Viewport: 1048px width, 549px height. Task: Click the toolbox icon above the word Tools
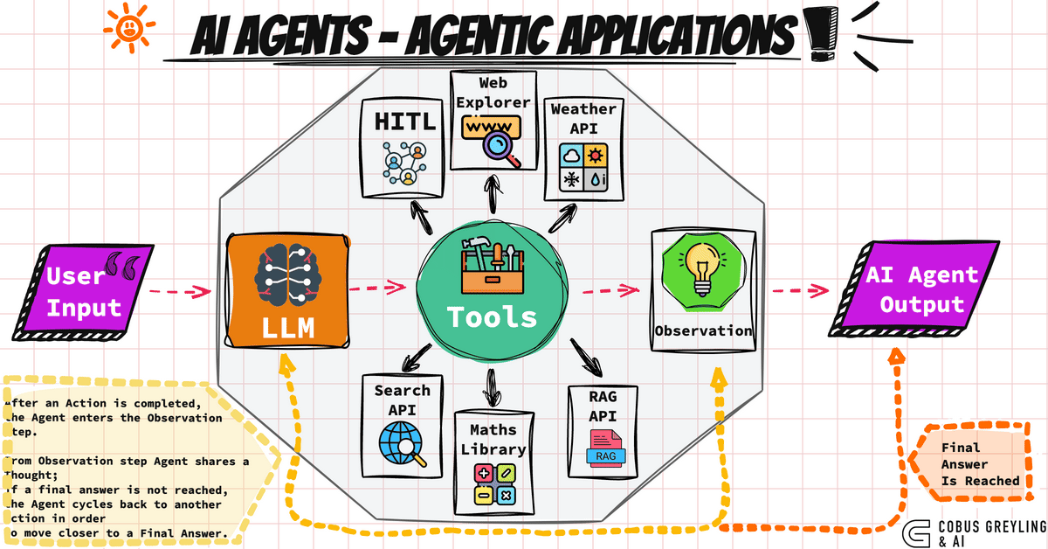(x=492, y=265)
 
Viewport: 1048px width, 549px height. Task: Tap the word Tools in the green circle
(x=492, y=316)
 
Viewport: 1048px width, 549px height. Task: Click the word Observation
(x=704, y=330)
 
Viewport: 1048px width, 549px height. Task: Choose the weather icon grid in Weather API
(x=583, y=167)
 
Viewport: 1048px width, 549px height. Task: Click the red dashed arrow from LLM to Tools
(x=378, y=286)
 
